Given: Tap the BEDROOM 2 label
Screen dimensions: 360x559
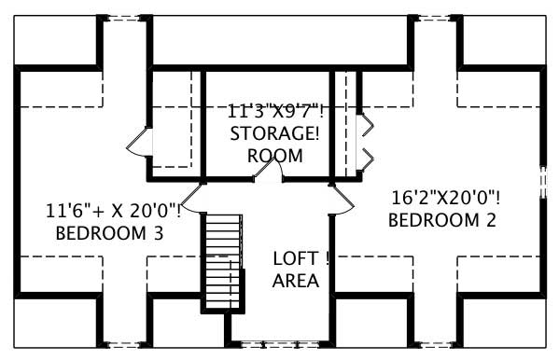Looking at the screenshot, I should [441, 221].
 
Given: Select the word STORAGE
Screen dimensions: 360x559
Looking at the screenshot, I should [273, 133].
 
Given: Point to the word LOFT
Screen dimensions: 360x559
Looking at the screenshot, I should [296, 258].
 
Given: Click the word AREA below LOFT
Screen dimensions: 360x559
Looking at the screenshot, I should [296, 280].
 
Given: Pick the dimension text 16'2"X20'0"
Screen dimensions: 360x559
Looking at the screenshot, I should [445, 198].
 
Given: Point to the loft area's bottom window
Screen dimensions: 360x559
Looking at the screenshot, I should [278, 343].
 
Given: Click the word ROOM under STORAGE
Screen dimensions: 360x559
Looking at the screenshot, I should [275, 156].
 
